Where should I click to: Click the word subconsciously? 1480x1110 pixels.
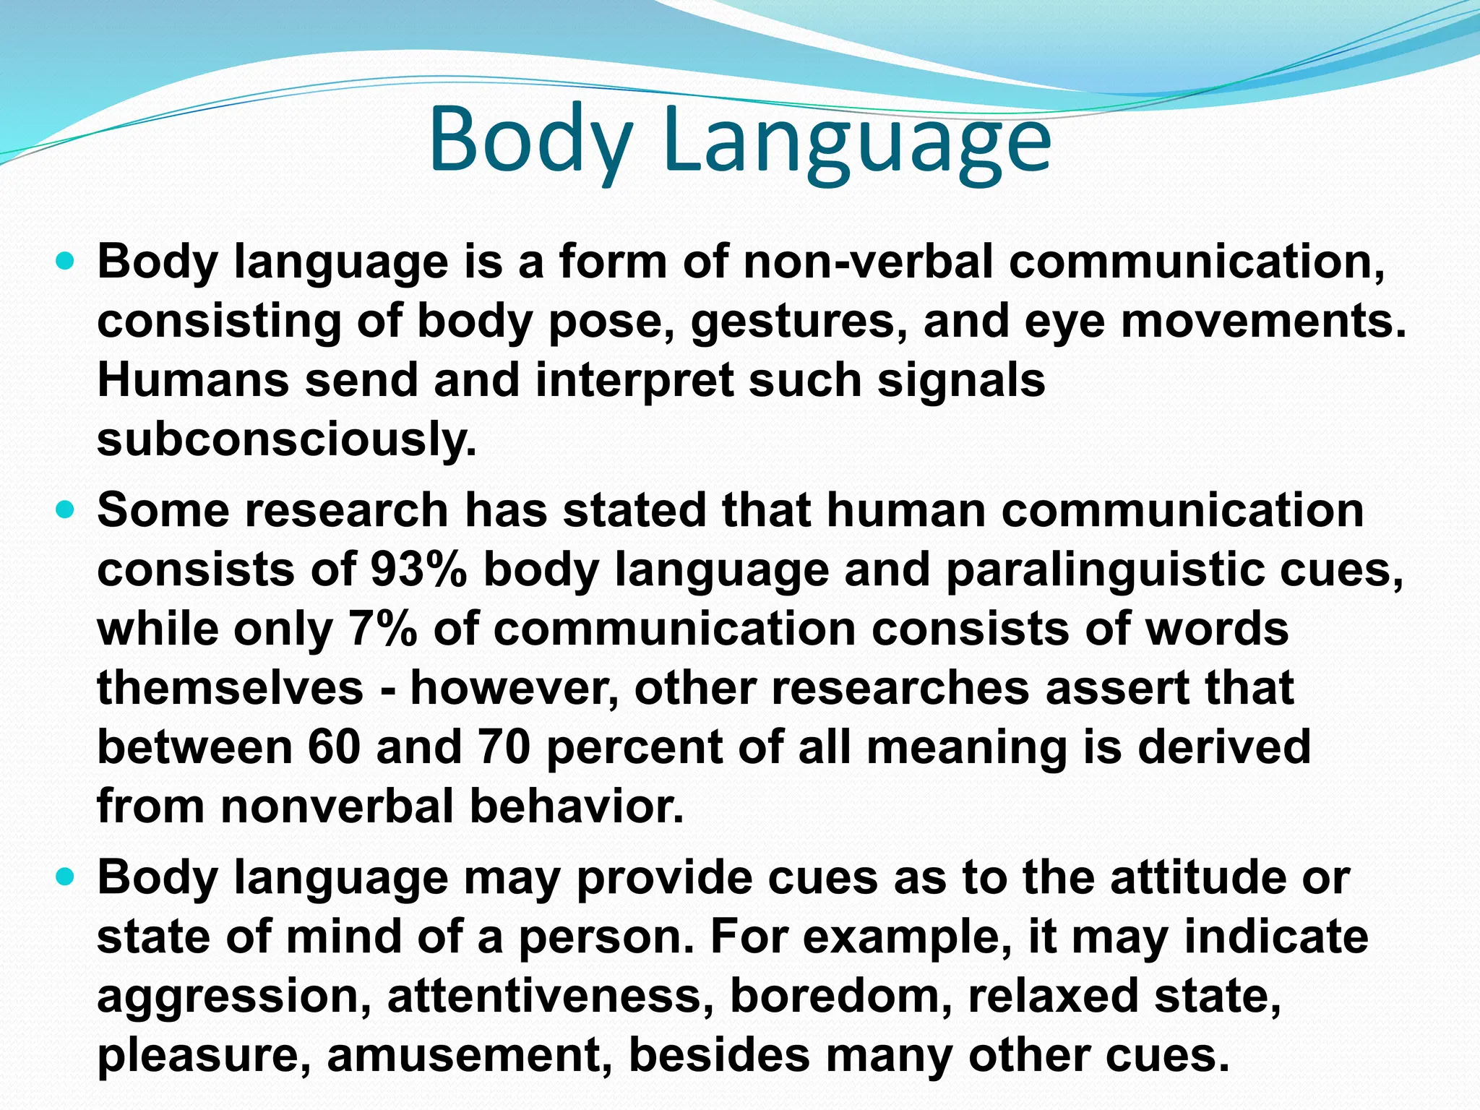[287, 439]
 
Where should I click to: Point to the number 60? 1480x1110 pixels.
[333, 747]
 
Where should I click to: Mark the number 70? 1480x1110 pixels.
[504, 747]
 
